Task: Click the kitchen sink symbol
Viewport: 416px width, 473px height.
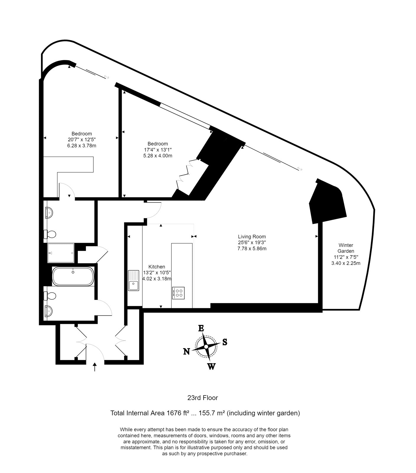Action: coord(134,280)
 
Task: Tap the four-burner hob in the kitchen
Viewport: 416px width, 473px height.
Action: coord(178,293)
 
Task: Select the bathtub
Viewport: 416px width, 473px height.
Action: coord(73,276)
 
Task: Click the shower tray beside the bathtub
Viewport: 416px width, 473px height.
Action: coord(61,253)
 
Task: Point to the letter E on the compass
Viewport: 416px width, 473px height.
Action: coord(201,328)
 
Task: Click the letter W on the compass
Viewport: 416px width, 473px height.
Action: coord(211,367)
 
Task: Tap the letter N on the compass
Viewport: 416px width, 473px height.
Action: coord(186,351)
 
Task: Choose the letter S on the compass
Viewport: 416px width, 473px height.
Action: coord(225,342)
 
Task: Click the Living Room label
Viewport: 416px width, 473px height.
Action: coord(252,237)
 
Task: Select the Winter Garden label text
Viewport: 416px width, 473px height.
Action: coord(346,248)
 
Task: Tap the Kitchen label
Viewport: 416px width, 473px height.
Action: coord(157,267)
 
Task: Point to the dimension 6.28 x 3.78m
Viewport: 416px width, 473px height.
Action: coord(82,145)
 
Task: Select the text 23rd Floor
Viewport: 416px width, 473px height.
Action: coord(203,398)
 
